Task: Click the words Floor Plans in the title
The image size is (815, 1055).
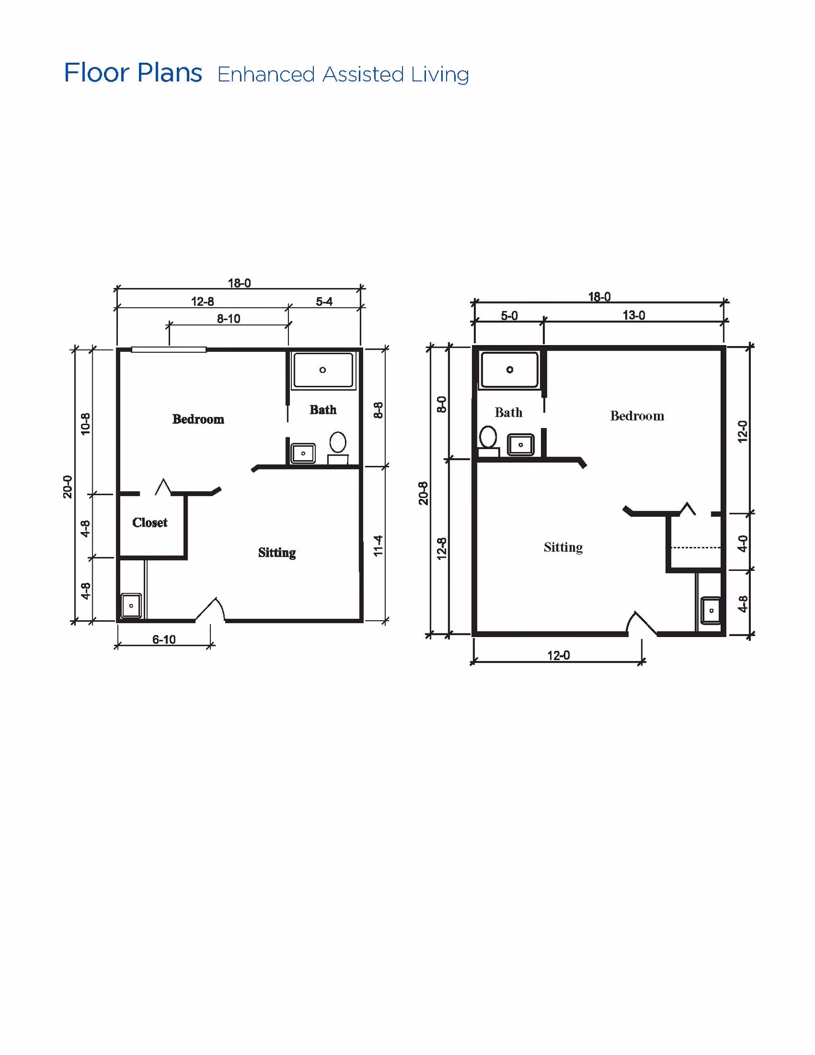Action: coord(133,73)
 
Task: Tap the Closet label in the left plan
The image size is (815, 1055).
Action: coord(150,522)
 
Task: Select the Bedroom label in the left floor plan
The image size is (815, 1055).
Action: coord(198,419)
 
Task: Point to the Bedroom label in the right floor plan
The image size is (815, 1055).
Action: coord(637,416)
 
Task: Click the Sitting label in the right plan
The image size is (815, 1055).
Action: coord(563,547)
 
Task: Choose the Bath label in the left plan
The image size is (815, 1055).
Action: coord(323,410)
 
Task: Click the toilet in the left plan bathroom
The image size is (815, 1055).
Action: coord(338,448)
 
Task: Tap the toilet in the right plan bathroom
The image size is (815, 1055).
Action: coord(488,440)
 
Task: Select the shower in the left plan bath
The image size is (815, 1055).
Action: coord(323,370)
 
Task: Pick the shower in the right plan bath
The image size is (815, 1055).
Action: coord(509,370)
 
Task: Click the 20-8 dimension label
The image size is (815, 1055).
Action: coord(423,493)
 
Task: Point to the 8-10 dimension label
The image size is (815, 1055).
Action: coord(229,319)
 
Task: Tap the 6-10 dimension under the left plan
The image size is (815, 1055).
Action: coord(164,640)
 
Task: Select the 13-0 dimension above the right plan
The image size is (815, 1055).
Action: coord(634,315)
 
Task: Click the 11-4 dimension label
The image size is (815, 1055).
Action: coord(378,545)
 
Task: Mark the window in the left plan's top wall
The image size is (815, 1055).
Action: coord(169,350)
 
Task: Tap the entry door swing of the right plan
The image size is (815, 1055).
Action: coord(641,623)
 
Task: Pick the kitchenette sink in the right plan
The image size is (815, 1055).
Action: coord(711,611)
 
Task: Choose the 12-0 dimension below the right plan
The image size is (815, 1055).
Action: coord(559,655)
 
